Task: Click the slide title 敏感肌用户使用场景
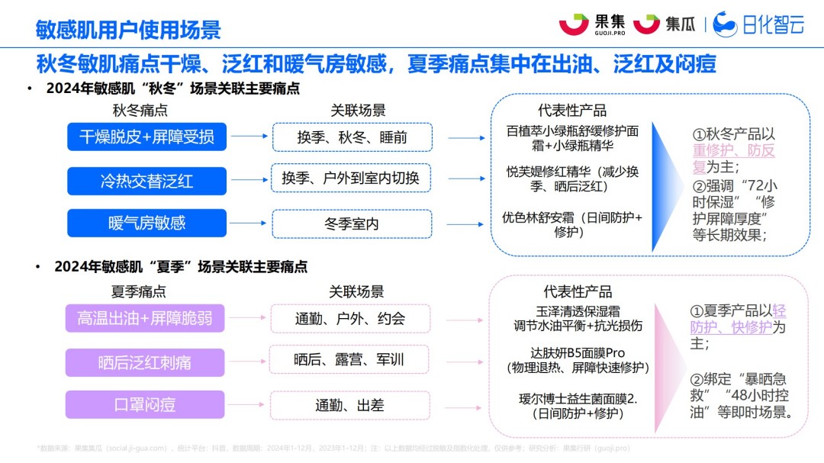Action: tap(128, 29)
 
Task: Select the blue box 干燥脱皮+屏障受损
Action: tap(146, 137)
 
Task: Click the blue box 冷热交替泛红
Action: tap(146, 181)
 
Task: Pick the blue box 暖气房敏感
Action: tap(146, 223)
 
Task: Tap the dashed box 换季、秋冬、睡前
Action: tap(352, 137)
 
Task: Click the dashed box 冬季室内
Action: tap(352, 223)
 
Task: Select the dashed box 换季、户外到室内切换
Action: tap(352, 178)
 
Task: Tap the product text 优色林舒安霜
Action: tap(571, 217)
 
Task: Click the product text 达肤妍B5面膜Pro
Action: tap(577, 353)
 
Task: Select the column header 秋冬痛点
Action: tap(140, 111)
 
